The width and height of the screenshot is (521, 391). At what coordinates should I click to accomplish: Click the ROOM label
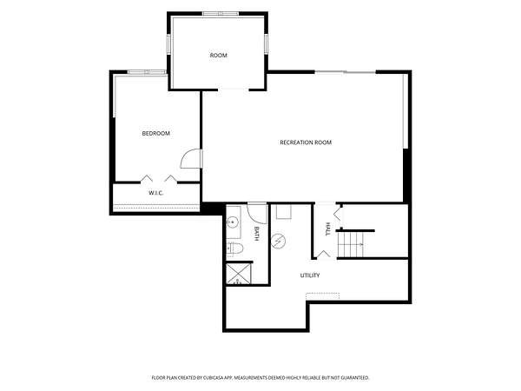point(218,56)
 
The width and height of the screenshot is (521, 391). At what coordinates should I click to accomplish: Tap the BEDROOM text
point(155,133)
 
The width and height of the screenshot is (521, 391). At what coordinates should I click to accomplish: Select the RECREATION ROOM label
point(306,142)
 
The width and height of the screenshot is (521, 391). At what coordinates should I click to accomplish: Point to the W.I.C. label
point(155,193)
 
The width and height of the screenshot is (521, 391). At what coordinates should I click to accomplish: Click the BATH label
point(256,234)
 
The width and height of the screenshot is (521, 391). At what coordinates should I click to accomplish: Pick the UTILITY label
point(310,275)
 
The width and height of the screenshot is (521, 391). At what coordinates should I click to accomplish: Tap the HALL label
point(328,229)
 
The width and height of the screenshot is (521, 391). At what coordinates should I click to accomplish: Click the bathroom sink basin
point(233,222)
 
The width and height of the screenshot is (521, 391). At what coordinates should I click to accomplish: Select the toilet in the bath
point(235,249)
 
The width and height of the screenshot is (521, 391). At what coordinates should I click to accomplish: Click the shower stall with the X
point(239,274)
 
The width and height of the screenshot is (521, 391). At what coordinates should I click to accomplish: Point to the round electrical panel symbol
point(278,241)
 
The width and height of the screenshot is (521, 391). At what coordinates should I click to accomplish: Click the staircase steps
point(351,244)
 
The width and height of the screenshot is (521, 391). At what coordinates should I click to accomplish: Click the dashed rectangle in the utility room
point(323,296)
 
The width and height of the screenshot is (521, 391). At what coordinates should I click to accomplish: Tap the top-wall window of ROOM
point(221,14)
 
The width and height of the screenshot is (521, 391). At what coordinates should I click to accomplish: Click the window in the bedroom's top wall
point(147,72)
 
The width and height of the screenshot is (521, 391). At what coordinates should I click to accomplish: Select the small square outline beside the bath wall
point(284,212)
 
